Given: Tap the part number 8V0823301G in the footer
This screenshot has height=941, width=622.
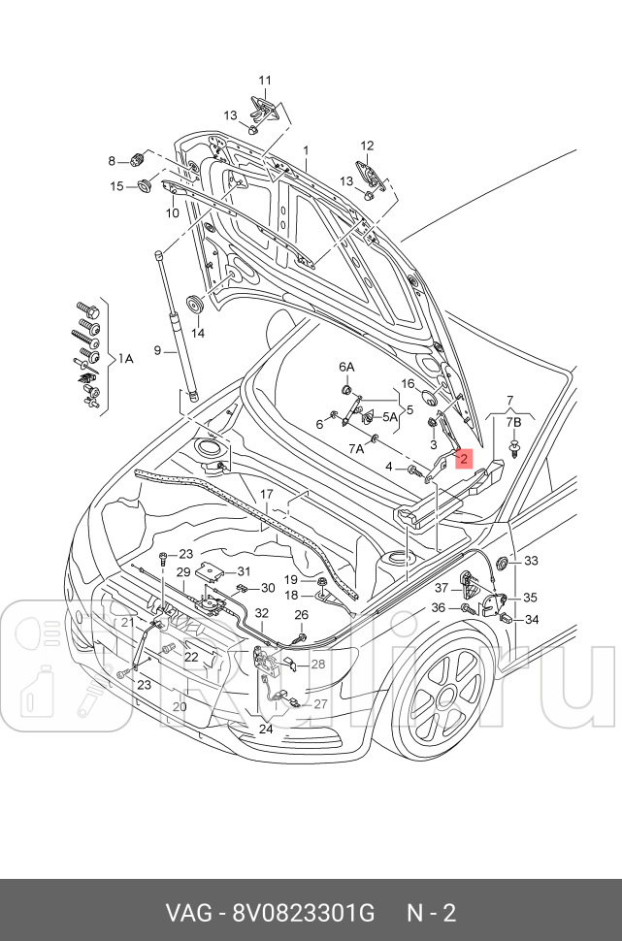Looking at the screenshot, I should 302,913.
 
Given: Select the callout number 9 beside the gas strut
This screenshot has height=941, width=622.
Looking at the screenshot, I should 156,350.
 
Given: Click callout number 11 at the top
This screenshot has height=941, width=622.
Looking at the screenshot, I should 265,81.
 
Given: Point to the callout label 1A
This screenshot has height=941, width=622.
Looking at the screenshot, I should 125,358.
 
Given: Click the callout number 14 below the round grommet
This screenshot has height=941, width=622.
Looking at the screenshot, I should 198,333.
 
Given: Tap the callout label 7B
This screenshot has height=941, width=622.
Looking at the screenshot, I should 515,423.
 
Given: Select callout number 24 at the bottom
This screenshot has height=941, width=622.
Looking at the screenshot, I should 266,728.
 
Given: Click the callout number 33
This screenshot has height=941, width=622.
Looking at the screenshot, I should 531,561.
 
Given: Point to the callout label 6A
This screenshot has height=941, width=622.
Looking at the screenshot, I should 346,367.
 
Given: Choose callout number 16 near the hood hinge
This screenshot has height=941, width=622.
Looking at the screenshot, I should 408,384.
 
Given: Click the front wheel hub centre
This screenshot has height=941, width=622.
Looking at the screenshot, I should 448,696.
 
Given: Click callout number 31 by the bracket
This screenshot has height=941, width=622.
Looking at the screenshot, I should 244,571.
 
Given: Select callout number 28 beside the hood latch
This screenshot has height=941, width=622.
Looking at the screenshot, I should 317,665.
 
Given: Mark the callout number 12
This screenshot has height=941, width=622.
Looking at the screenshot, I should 366,146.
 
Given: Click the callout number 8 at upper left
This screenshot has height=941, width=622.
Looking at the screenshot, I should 112,160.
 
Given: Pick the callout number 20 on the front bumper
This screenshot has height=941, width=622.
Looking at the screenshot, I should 179,706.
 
